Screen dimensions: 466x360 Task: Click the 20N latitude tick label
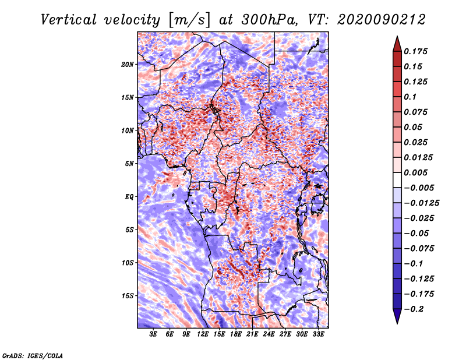point(128,65)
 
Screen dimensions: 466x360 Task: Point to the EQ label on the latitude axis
point(129,197)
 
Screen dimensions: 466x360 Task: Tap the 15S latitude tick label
point(128,296)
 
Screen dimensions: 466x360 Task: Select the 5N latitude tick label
point(129,164)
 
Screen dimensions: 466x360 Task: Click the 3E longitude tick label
point(153,334)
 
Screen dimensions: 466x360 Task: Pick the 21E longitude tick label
point(252,334)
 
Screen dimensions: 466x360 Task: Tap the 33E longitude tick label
point(318,334)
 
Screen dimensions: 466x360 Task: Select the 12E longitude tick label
point(202,334)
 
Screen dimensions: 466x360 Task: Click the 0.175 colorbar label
point(415,51)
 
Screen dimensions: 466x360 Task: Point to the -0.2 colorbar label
point(414,309)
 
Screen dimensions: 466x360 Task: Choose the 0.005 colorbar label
point(415,172)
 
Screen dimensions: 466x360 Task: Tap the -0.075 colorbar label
point(419,249)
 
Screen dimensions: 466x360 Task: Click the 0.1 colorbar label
point(410,97)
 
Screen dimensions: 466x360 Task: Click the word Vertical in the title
point(69,20)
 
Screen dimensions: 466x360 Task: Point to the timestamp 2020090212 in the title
point(382,20)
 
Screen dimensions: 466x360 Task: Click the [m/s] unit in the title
point(189,20)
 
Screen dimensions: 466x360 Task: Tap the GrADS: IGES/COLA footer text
point(33,356)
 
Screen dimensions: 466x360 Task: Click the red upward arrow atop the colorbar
point(397,44)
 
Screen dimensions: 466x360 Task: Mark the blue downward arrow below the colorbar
point(397,316)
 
